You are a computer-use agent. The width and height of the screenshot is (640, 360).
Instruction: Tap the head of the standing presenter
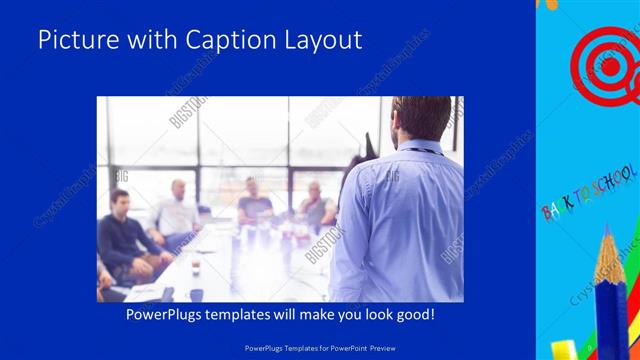click(421, 118)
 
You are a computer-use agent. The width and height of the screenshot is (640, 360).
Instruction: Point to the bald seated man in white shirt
click(178, 210)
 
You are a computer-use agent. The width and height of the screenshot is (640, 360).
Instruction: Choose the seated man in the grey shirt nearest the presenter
click(315, 205)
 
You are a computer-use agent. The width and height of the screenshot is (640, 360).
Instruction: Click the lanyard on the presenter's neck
click(418, 149)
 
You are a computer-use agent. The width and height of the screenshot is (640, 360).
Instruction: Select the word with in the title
click(147, 40)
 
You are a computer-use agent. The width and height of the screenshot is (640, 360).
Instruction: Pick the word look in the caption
click(365, 315)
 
